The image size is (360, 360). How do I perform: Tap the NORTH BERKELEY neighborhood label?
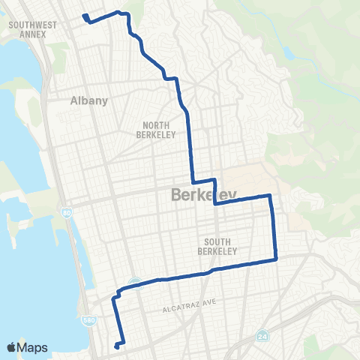155,130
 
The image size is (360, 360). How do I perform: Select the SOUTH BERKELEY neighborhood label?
221,246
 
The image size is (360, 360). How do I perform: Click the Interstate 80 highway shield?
65,213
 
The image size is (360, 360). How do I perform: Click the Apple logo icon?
11,347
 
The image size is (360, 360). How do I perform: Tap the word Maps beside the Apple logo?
32,347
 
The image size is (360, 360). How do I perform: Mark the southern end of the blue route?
116,346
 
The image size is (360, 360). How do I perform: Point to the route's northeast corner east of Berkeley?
269,196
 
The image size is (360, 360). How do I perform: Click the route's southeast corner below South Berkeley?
276,259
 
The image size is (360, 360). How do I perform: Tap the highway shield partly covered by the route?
135,282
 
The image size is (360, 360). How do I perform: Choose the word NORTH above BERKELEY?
155,125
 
